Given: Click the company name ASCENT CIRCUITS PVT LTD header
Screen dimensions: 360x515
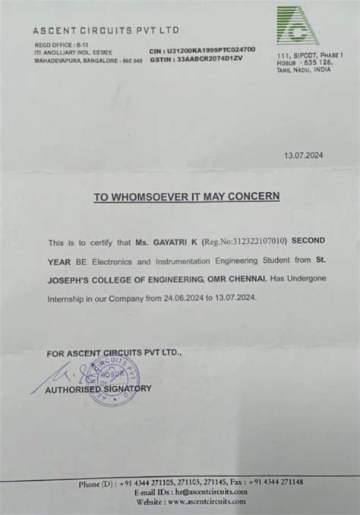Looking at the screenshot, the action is [x=106, y=30].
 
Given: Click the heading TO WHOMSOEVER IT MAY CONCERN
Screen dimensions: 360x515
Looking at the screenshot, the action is [x=186, y=196].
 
